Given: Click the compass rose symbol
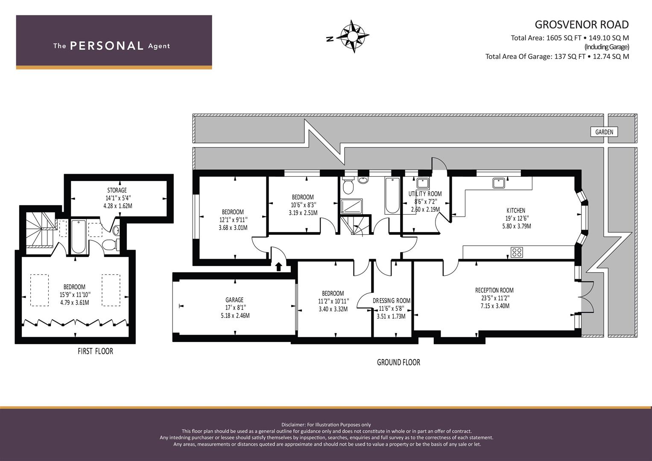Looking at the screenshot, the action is tap(353, 37).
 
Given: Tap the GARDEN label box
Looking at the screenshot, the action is tap(604, 132).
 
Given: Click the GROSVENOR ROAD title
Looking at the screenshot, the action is tap(582, 25).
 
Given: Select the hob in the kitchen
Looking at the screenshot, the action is tap(517, 252).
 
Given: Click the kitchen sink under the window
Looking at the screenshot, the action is tap(500, 183).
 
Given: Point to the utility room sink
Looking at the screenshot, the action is tap(423, 184).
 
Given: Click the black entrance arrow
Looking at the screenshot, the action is tap(278, 267).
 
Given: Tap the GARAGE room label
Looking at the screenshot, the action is tap(234, 300).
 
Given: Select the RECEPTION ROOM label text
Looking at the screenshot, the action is tap(494, 290).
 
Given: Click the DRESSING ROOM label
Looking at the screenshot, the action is tap(392, 301).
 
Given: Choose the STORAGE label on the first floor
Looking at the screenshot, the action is tap(117, 190).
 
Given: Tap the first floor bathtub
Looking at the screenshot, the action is tap(78, 236).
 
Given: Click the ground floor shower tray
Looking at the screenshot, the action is tap(351, 206).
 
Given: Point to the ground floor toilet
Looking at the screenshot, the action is tap(348, 185).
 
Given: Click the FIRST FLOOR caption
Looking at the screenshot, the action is tap(95, 351).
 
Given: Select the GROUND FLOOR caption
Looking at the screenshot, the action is tap(398, 362).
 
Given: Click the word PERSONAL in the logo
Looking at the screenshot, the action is tap(107, 46).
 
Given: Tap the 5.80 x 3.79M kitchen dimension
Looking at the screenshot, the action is tap(516, 226).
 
